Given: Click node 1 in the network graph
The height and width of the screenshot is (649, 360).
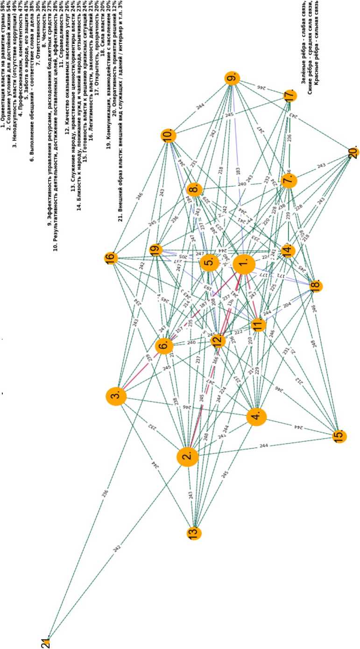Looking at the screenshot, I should [x=243, y=266].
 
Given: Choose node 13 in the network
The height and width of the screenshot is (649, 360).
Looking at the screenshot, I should [x=193, y=532].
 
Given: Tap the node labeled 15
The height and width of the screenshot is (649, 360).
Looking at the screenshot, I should [x=339, y=436].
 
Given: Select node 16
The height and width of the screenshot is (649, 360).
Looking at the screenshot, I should [x=111, y=258].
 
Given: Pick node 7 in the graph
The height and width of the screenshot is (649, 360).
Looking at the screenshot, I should [x=289, y=180].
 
